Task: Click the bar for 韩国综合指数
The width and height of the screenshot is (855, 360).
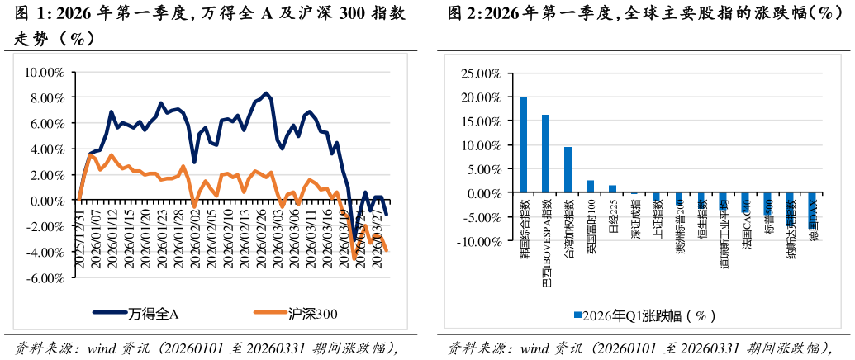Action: click(523, 145)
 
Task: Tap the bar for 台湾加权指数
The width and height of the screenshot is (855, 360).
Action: click(568, 170)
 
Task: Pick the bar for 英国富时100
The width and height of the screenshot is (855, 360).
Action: click(590, 187)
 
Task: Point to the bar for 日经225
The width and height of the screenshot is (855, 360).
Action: click(612, 189)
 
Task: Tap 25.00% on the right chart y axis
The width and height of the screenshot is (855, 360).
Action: click(479, 73)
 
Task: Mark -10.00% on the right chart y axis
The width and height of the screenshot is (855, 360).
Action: click(477, 242)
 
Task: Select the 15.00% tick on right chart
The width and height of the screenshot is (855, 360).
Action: click(479, 121)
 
